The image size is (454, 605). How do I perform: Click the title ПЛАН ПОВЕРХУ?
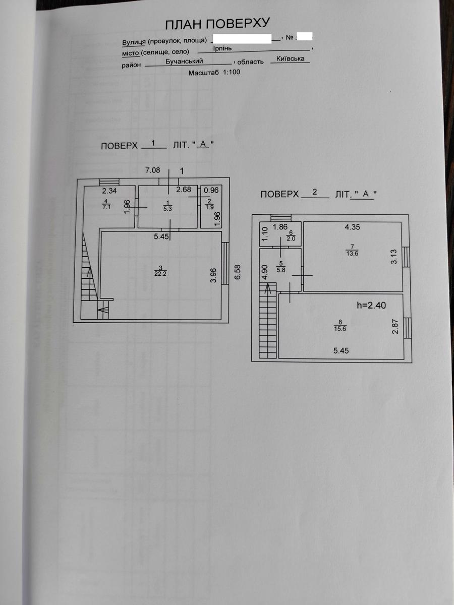pyautogui.click(x=217, y=24)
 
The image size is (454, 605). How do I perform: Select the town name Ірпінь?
pyautogui.click(x=222, y=48)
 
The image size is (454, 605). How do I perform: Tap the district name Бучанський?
pyautogui.click(x=184, y=61)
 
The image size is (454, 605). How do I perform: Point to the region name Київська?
pyautogui.click(x=290, y=58)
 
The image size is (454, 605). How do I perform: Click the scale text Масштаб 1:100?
pyautogui.click(x=214, y=73)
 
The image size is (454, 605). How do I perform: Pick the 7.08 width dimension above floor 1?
pyautogui.click(x=152, y=170)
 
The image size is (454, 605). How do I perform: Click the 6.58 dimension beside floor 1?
pyautogui.click(x=237, y=272)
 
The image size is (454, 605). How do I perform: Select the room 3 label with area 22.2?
pyautogui.click(x=160, y=271)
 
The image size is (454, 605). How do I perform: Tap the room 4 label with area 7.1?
pyautogui.click(x=106, y=204)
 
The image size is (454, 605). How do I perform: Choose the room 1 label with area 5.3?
pyautogui.click(x=167, y=206)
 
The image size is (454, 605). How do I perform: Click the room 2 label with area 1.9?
pyautogui.click(x=209, y=204)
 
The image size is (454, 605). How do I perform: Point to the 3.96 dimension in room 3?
pyautogui.click(x=213, y=276)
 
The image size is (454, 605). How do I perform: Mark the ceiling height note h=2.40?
pyautogui.click(x=371, y=306)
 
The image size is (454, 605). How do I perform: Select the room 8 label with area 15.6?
pyautogui.click(x=340, y=326)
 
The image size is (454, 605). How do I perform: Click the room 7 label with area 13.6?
pyautogui.click(x=352, y=250)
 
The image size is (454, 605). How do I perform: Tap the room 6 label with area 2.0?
pyautogui.click(x=291, y=236)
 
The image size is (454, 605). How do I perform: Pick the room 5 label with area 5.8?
pyautogui.click(x=281, y=267)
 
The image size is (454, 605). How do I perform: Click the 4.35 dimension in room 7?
pyautogui.click(x=352, y=227)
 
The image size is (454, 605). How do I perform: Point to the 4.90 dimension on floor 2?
pyautogui.click(x=264, y=272)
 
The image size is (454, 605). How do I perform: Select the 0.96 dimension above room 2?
pyautogui.click(x=211, y=190)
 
